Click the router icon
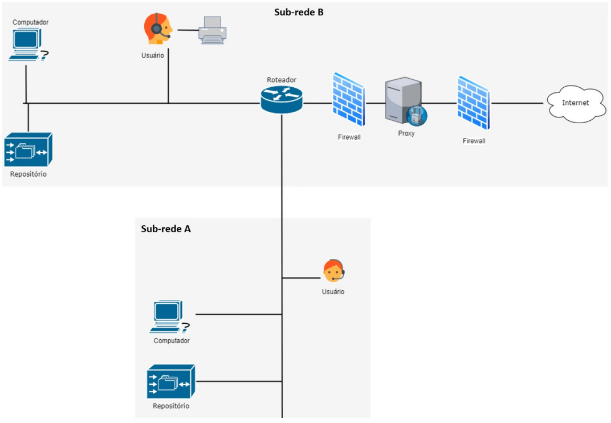pos(282,99)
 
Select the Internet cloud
pos(575,103)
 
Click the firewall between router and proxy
pos(348,100)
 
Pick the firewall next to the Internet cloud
pos(473,103)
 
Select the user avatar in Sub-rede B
pos(157,29)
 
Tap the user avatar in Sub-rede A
pos(334,271)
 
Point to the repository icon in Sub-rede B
pos(28,150)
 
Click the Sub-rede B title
pos(299,11)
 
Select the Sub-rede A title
pos(166,229)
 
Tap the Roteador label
pos(282,80)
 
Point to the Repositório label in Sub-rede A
pos(171,406)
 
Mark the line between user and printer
pos(188,30)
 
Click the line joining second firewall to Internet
pos(518,104)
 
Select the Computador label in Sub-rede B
pos(31,22)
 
